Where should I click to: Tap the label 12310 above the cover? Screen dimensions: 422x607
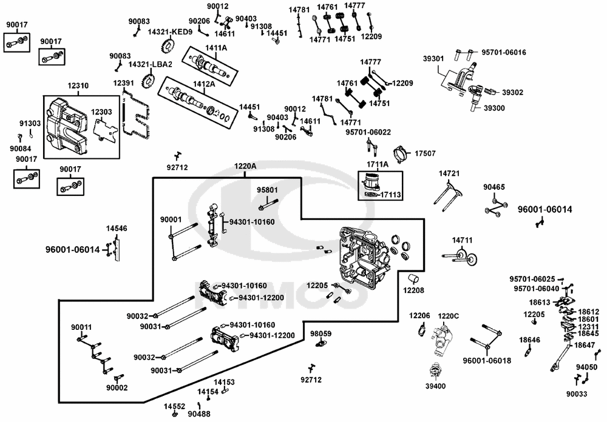(78, 86)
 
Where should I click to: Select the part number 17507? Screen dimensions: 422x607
(426, 153)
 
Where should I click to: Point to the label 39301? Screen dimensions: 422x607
(433, 59)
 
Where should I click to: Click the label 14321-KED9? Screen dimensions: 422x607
(170, 32)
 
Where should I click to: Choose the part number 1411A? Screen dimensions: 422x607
(215, 47)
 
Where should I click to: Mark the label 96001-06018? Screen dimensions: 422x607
(487, 360)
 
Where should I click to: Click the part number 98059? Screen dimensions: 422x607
(320, 333)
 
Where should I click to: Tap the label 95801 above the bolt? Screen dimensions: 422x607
(267, 190)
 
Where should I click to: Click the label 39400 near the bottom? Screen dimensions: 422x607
(435, 386)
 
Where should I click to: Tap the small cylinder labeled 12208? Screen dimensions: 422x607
(414, 279)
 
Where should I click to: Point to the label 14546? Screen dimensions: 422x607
(117, 229)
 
